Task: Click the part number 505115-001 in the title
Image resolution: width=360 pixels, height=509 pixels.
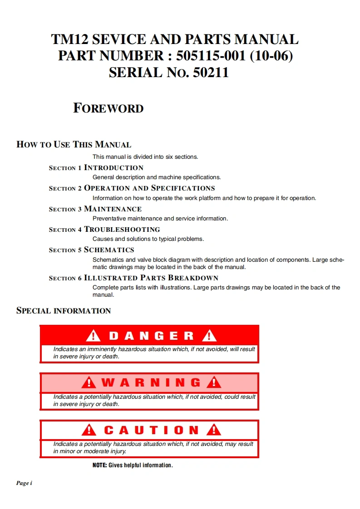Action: tap(212, 56)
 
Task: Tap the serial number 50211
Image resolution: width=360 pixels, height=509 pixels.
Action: tap(211, 73)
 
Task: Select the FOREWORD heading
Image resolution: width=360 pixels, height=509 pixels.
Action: tap(108, 108)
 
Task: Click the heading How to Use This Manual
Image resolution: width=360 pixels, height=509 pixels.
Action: tap(74, 145)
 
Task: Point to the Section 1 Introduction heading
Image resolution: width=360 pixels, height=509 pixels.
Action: tap(96, 168)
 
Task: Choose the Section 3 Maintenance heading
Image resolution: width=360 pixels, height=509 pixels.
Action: tap(95, 209)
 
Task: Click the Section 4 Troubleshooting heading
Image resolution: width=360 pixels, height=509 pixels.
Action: tap(104, 230)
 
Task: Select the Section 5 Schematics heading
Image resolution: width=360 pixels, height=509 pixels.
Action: tap(91, 250)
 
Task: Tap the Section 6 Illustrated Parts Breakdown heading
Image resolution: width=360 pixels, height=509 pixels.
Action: tap(133, 278)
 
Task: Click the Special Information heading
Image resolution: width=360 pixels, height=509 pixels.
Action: tap(64, 311)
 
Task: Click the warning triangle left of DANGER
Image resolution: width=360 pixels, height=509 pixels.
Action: tap(93, 336)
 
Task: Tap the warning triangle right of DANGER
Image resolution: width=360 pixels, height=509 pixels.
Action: tap(209, 336)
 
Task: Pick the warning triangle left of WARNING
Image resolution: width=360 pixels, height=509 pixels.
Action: tap(89, 383)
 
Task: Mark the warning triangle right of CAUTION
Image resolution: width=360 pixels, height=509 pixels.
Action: tap(213, 430)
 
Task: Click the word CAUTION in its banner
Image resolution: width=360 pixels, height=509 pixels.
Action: tap(151, 430)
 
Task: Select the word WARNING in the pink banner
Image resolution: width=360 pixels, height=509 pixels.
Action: tap(151, 383)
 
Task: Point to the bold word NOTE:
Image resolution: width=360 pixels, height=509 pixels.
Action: tap(99, 465)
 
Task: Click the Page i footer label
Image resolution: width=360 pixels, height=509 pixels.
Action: tap(24, 483)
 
